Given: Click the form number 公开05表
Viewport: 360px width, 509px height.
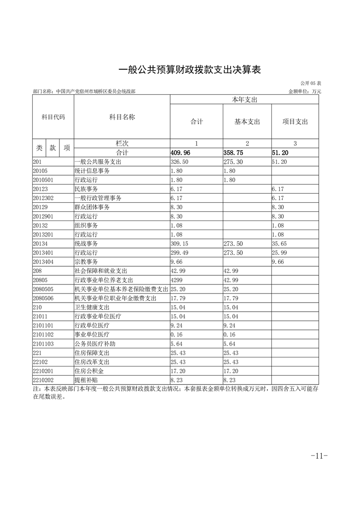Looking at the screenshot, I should click(311, 83).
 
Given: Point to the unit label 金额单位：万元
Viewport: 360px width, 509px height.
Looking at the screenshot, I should click(305, 91).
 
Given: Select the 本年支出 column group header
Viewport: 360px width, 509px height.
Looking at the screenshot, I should click(244, 99).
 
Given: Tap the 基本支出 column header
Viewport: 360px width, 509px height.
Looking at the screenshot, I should click(247, 122).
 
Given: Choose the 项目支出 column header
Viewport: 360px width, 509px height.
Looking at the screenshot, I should click(295, 122).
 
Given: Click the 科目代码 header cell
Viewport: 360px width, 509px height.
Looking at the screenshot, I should click(53, 117).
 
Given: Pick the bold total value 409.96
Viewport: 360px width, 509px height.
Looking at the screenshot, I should click(180, 153).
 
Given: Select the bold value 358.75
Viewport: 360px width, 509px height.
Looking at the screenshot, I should click(233, 153).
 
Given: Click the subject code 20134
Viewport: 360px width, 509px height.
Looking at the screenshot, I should click(40, 244).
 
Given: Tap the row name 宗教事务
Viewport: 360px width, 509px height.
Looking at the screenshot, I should click(86, 262).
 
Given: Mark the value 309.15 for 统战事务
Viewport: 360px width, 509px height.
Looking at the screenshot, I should click(179, 244).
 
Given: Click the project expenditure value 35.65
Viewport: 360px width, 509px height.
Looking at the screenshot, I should click(279, 244).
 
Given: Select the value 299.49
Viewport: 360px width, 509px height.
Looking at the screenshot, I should click(179, 253).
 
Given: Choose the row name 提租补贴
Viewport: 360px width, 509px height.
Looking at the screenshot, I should click(86, 381).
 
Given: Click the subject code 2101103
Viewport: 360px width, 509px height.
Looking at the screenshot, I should click(43, 344).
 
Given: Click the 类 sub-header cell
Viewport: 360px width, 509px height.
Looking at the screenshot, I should click(39, 148).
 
